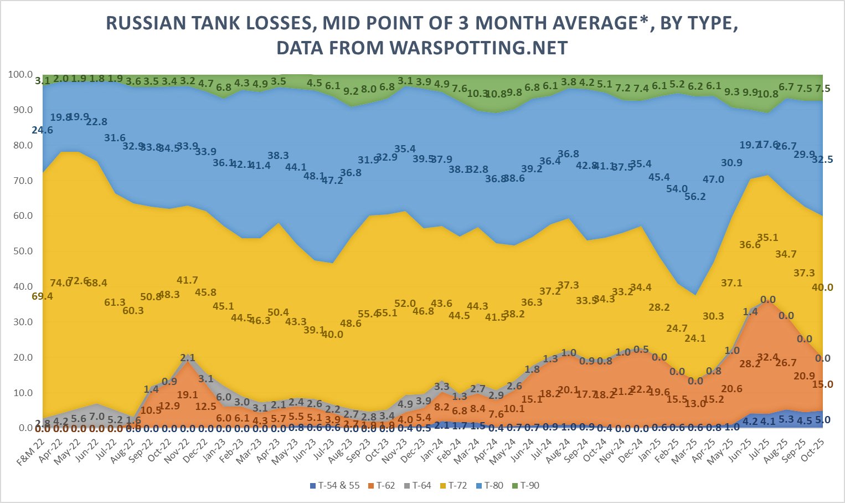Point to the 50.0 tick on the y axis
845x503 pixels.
tap(22, 251)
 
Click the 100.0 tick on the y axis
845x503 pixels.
tap(20, 74)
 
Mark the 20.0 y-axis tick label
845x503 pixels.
tap(22, 357)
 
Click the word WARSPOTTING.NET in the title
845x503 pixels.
tap(478, 48)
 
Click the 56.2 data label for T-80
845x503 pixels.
tap(695, 196)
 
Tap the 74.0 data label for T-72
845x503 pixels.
tap(61, 283)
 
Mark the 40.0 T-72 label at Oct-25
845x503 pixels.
tap(822, 287)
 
